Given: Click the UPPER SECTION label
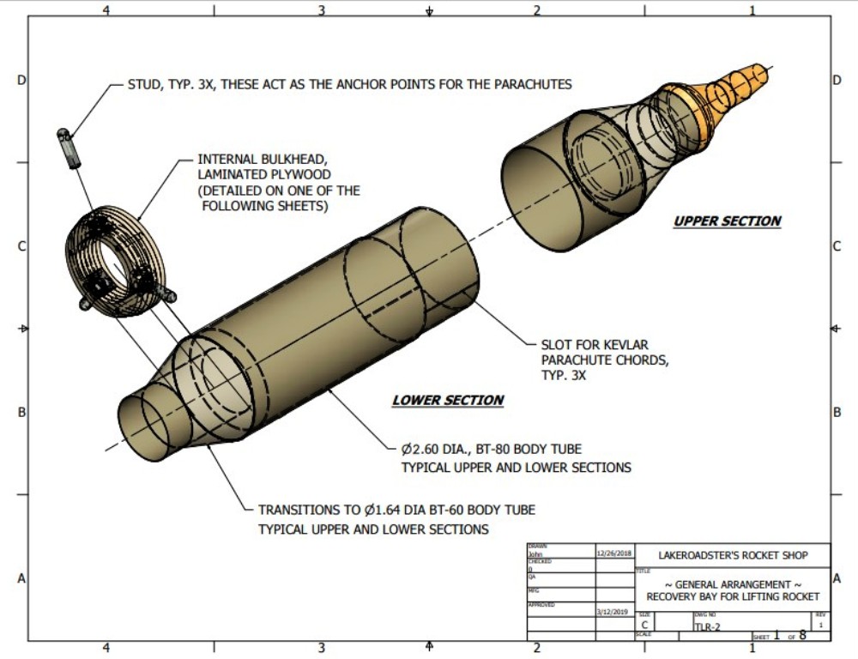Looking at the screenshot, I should point(727,221).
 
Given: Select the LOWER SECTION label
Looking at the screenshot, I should point(448,401).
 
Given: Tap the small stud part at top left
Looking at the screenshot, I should point(67,147).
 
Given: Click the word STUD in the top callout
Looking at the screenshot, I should point(142,85).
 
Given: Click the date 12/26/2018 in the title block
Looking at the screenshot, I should point(613,553).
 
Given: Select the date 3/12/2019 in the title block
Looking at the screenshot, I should point(613,612).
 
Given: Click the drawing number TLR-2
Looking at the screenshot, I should point(708,627).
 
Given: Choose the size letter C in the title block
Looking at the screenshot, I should point(644,626).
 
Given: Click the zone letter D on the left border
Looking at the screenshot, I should point(21,81).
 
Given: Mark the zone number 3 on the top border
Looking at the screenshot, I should point(321,11).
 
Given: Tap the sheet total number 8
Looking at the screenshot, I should point(802,636).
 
